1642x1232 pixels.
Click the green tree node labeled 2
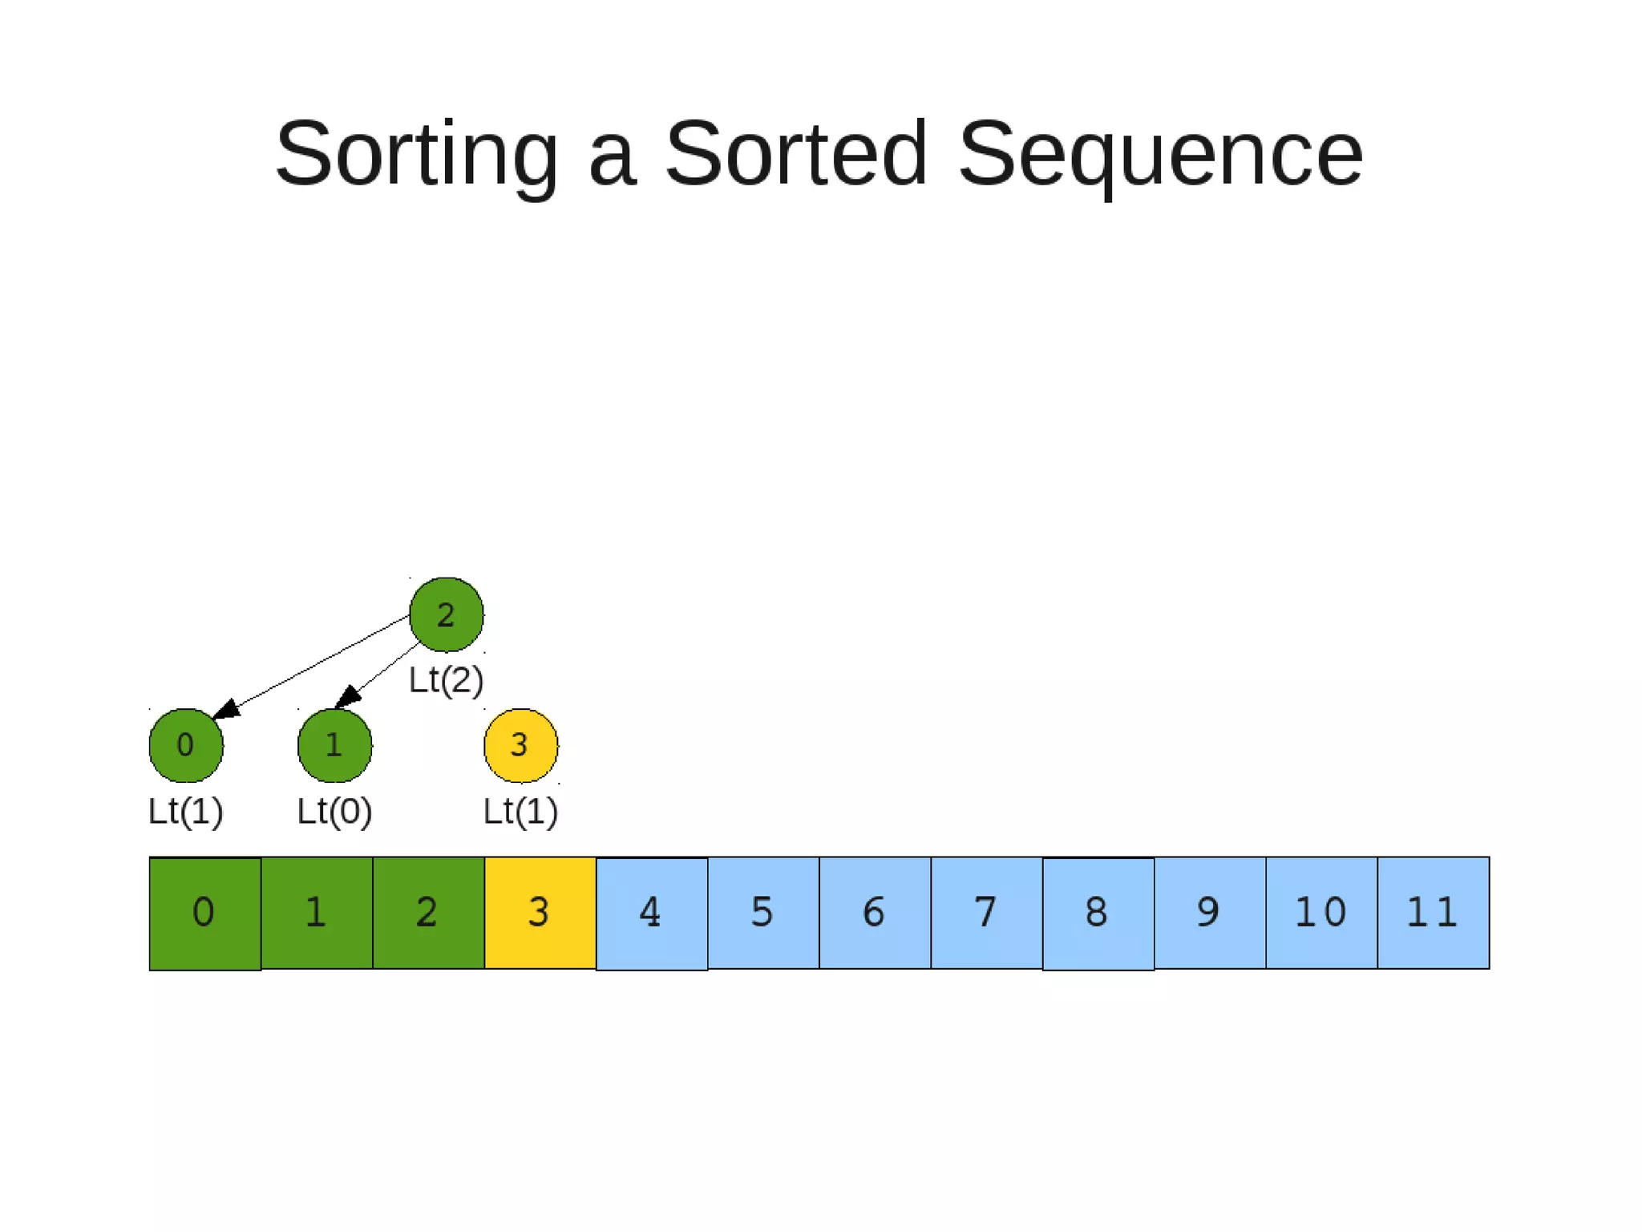(x=446, y=614)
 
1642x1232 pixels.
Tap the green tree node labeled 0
(x=186, y=745)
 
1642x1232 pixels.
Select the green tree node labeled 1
(x=334, y=745)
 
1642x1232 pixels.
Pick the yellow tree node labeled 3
(x=520, y=745)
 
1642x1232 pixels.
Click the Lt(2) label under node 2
(x=446, y=680)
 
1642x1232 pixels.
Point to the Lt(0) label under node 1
(x=334, y=811)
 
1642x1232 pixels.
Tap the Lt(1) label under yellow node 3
(x=520, y=811)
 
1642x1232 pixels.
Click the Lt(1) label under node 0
(x=185, y=811)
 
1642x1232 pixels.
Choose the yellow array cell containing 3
(x=540, y=913)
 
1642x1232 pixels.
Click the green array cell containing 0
(x=204, y=913)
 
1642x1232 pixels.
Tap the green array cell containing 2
(x=428, y=913)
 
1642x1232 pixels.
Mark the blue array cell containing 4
(x=651, y=913)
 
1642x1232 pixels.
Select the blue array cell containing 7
(x=986, y=913)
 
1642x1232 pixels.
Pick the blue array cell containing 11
(x=1433, y=913)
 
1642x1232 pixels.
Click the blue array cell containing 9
(x=1209, y=913)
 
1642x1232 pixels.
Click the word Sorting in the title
(x=416, y=154)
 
